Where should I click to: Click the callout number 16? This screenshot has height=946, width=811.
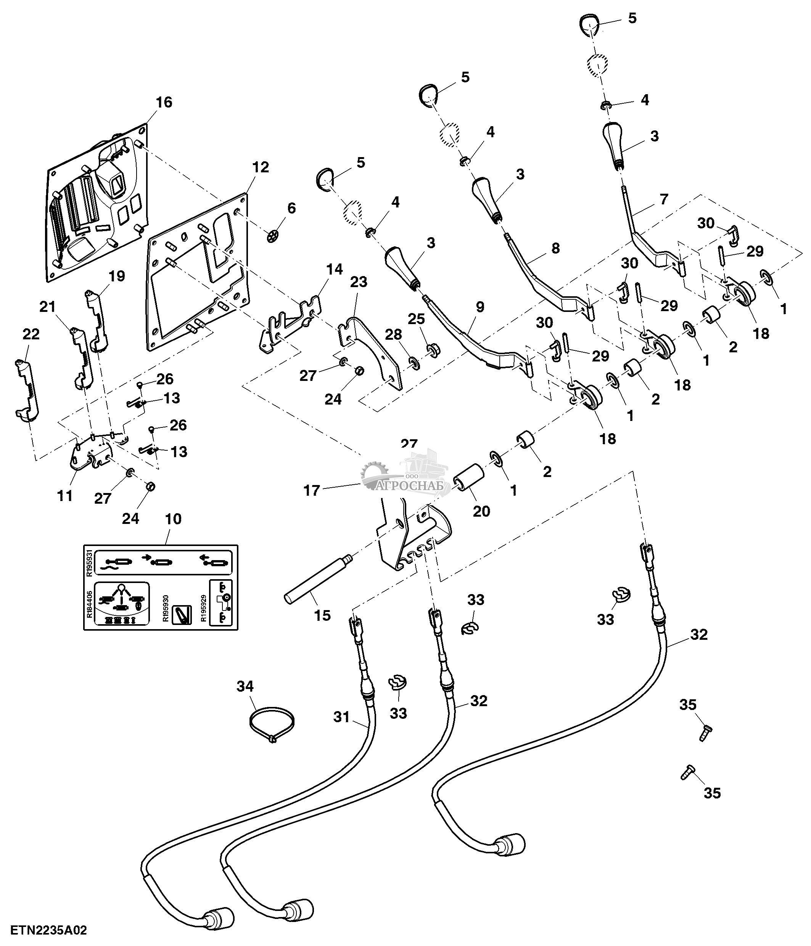pos(164,102)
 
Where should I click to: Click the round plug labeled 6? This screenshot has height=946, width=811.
pos(273,236)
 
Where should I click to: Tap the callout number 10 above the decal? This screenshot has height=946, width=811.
pos(173,519)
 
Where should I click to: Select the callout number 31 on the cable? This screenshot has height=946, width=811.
pos(341,717)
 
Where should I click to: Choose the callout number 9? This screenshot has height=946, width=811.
pos(480,307)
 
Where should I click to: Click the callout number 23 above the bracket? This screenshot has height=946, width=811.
pos(359,282)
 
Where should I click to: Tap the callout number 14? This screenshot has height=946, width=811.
pos(335,269)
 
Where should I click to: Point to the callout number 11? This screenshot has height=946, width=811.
pos(65,495)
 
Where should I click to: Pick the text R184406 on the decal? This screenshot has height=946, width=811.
pos(90,606)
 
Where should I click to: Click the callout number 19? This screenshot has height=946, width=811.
pos(117,276)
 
